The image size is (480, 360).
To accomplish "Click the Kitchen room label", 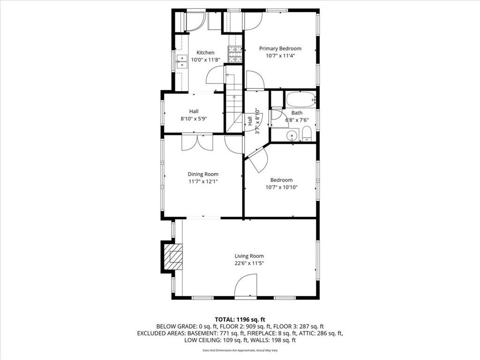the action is click(x=205, y=52).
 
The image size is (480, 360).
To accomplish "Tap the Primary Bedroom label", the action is click(x=280, y=48).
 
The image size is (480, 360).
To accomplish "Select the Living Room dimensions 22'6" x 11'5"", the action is click(x=249, y=263).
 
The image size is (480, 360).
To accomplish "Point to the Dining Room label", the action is click(x=203, y=174).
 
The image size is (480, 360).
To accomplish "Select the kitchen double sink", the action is click(x=182, y=61).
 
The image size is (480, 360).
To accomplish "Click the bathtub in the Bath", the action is click(x=301, y=99).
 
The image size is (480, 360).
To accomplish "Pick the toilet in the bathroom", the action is click(x=307, y=135).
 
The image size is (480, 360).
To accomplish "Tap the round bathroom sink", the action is click(x=292, y=135).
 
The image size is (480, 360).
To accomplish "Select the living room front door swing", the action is click(x=245, y=285).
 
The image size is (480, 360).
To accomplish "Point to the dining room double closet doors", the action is click(x=197, y=142).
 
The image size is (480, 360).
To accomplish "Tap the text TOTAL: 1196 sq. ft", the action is click(x=240, y=320).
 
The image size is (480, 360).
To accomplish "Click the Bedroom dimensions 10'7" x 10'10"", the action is click(x=281, y=187).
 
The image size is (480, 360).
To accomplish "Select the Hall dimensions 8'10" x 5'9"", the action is click(x=194, y=119).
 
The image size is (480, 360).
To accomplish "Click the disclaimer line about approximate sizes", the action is click(x=240, y=351).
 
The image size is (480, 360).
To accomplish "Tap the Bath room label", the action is click(x=297, y=113).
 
